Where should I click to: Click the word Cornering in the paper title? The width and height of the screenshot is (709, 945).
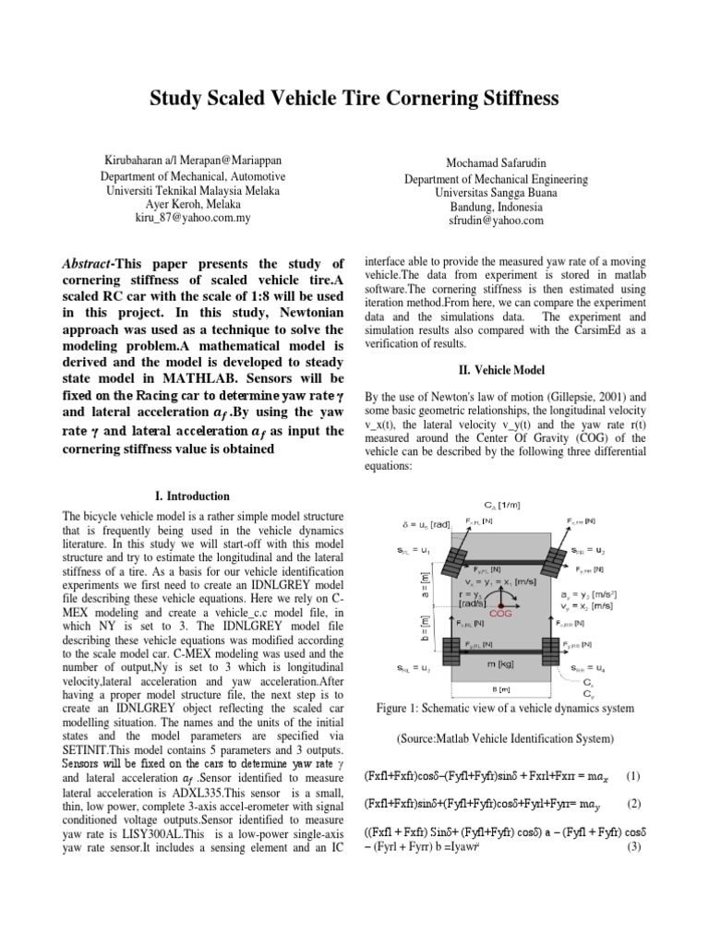click(x=394, y=98)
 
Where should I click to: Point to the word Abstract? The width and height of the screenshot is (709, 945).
click(x=89, y=264)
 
